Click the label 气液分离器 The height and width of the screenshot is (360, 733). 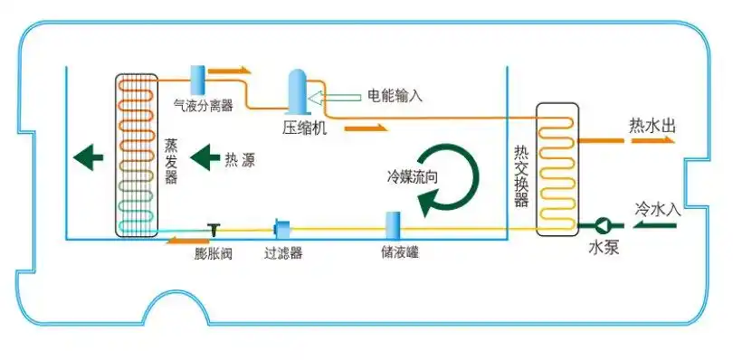(204, 105)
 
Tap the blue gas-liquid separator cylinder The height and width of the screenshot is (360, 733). (197, 80)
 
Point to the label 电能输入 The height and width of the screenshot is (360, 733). (395, 95)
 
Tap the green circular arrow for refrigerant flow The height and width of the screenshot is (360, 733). (451, 177)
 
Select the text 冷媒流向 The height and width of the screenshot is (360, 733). (414, 176)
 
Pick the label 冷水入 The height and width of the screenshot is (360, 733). (658, 207)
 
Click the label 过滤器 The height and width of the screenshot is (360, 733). (283, 253)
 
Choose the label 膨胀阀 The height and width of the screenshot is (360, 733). (214, 253)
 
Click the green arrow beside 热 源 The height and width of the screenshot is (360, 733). (204, 160)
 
